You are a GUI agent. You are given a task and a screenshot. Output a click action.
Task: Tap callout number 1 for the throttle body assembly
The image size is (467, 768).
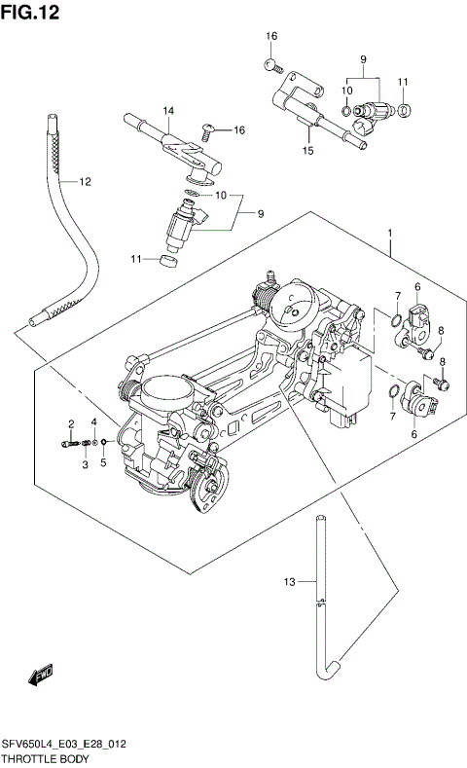[389, 234]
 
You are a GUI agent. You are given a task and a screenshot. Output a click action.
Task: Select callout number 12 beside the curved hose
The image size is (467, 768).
[85, 181]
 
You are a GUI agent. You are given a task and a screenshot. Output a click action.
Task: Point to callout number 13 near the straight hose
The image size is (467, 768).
[288, 582]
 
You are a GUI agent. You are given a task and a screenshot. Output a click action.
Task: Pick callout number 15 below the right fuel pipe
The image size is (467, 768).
[307, 151]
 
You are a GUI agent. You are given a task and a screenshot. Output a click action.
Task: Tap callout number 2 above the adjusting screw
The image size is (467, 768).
[71, 423]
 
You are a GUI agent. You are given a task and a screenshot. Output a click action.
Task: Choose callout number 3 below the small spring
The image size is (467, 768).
[85, 464]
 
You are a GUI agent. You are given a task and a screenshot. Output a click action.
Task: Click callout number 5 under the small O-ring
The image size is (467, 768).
[103, 463]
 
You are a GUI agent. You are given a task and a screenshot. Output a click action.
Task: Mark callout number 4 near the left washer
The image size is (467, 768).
[94, 421]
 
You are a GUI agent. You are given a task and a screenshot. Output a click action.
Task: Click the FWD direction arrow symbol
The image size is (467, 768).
[41, 674]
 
